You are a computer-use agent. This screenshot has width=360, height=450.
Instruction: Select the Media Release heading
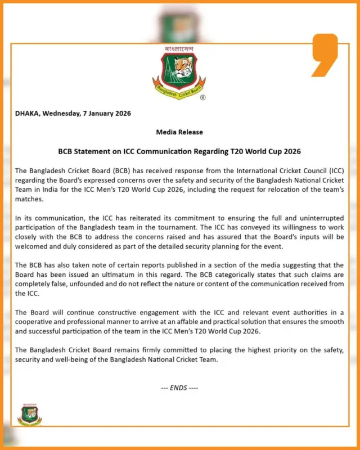(x=179, y=132)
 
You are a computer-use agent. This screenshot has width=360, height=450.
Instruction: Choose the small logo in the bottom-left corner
(x=29, y=414)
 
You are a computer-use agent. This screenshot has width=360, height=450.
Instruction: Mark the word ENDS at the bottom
(x=179, y=388)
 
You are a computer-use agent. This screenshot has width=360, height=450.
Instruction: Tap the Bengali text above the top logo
(x=179, y=49)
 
